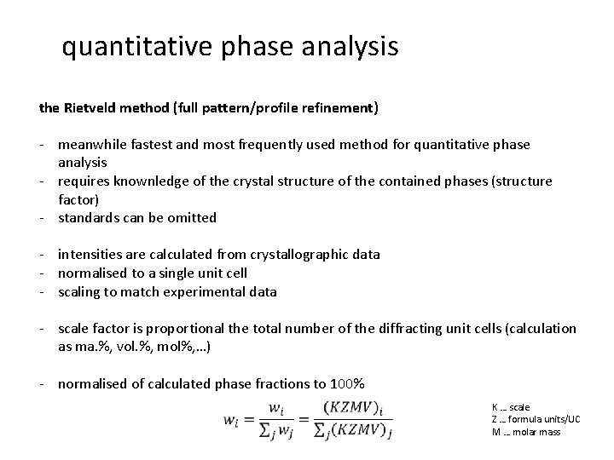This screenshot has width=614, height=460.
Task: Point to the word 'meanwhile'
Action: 91,145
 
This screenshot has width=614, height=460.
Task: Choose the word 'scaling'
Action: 80,291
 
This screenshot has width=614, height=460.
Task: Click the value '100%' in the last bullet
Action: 348,383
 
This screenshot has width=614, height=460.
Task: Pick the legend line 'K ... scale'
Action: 511,407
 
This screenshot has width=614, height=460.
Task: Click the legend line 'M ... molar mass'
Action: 526,432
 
